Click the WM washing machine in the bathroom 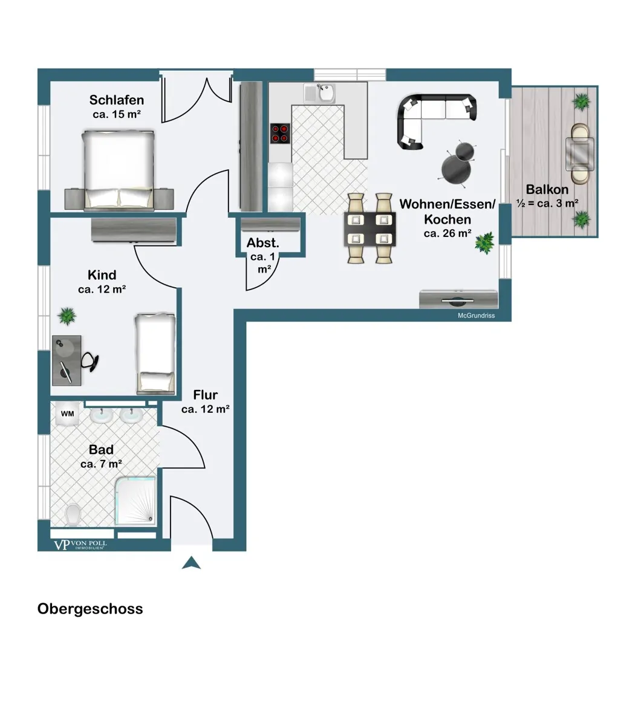click(x=68, y=413)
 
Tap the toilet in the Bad click(x=73, y=514)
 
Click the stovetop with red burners click(x=279, y=133)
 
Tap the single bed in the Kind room click(x=155, y=354)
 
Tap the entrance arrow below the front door click(x=192, y=563)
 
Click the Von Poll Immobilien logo click(x=80, y=545)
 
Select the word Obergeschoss click(x=90, y=609)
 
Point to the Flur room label click(x=205, y=395)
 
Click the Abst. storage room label click(x=263, y=244)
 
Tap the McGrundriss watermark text click(x=476, y=315)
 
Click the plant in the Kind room click(x=67, y=316)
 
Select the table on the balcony click(x=579, y=153)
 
